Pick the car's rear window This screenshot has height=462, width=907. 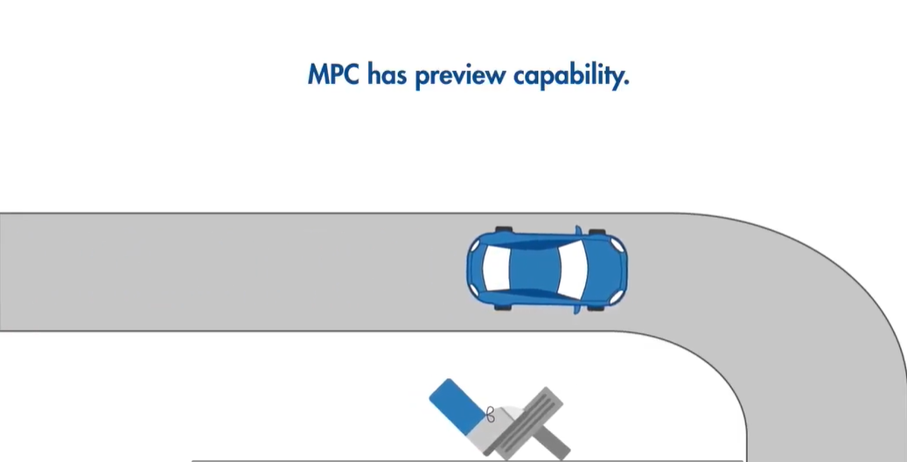[x=495, y=269]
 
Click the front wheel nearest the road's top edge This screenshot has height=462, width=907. [x=597, y=232]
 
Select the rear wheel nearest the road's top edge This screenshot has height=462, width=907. [x=502, y=230]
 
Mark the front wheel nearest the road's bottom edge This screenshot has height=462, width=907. [x=597, y=307]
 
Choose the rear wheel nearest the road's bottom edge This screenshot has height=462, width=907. [x=502, y=308]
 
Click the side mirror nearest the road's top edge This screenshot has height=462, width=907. [x=577, y=232]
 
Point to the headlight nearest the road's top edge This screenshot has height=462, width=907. [x=617, y=244]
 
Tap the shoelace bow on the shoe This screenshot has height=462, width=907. [x=490, y=415]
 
